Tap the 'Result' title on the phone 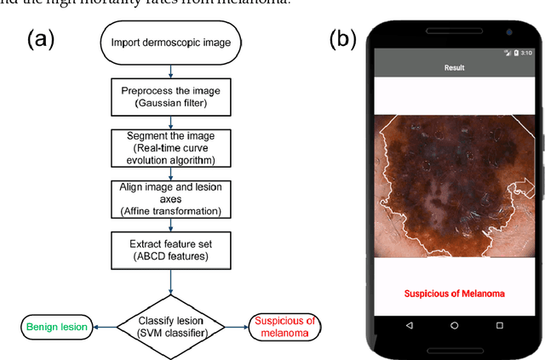(454, 66)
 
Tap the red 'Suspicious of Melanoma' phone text (454, 294)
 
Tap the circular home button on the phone (454, 325)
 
